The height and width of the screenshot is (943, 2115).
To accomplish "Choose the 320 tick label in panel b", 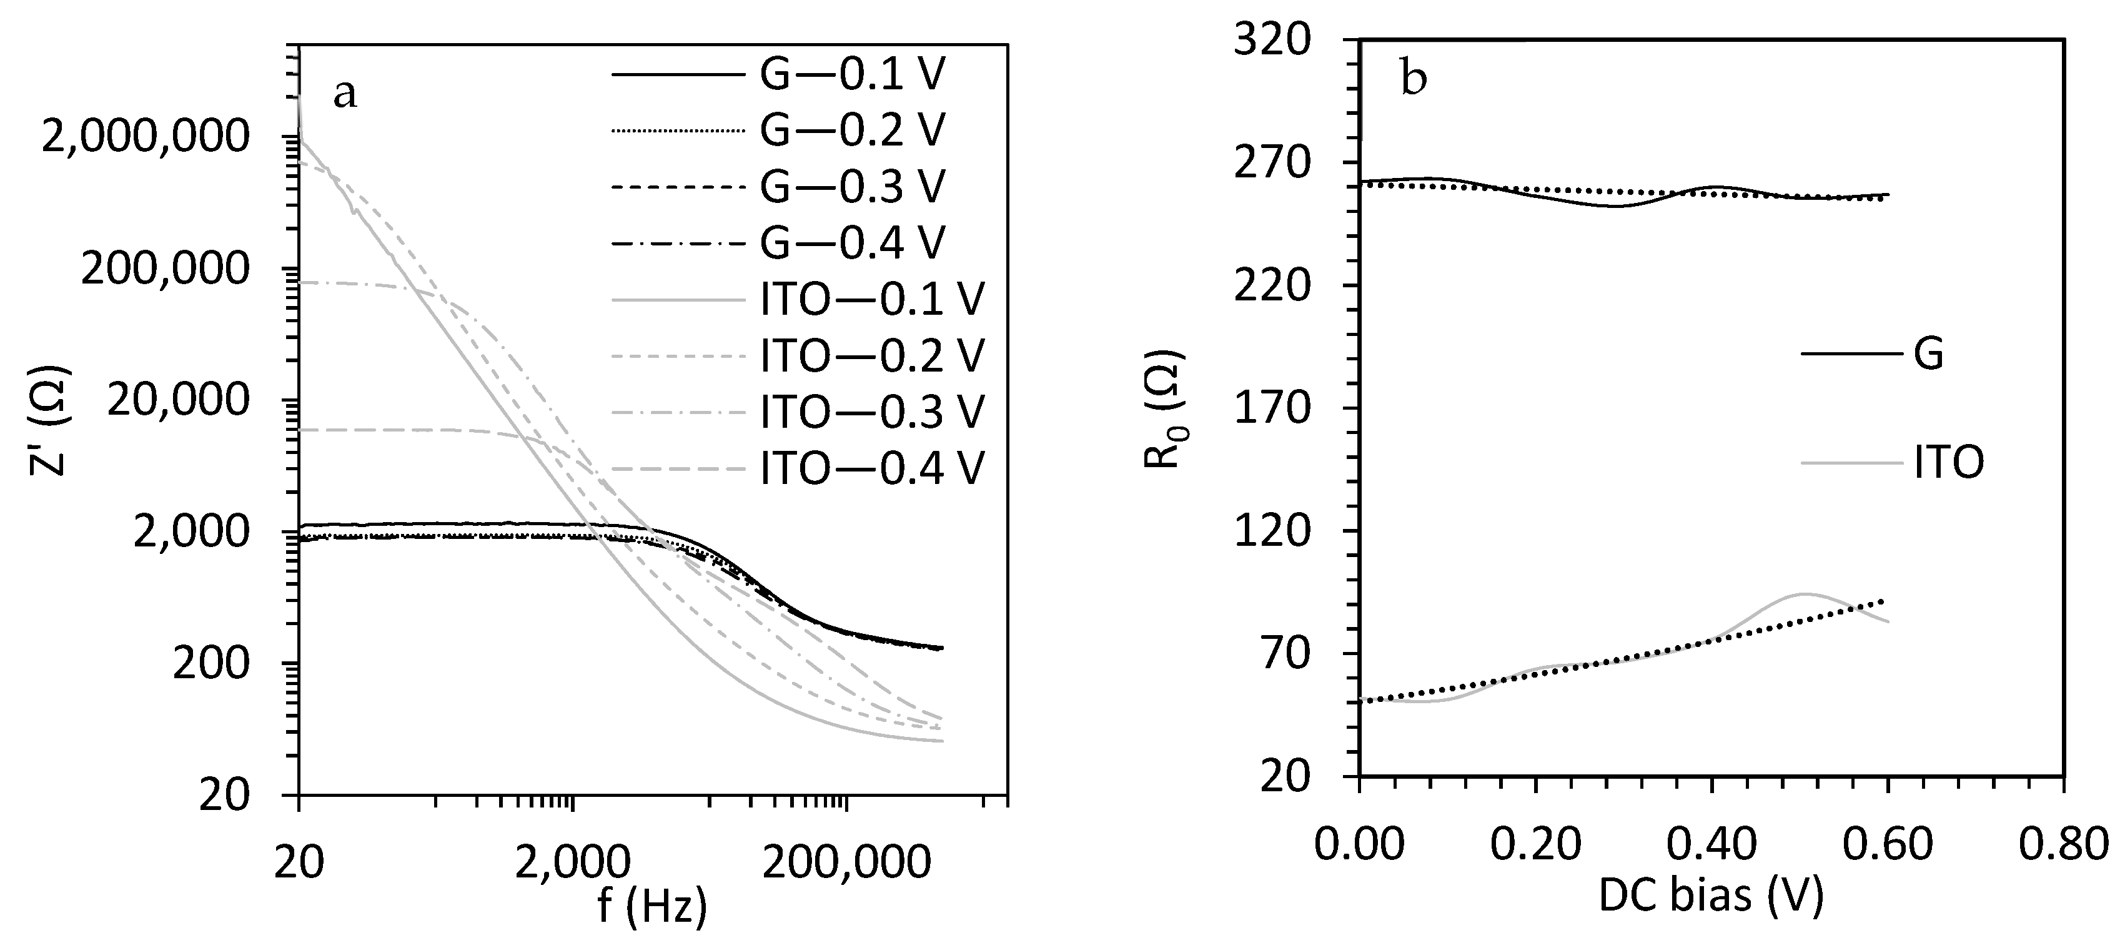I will (x=1272, y=39).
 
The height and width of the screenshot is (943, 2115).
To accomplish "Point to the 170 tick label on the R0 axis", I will (x=1272, y=408).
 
